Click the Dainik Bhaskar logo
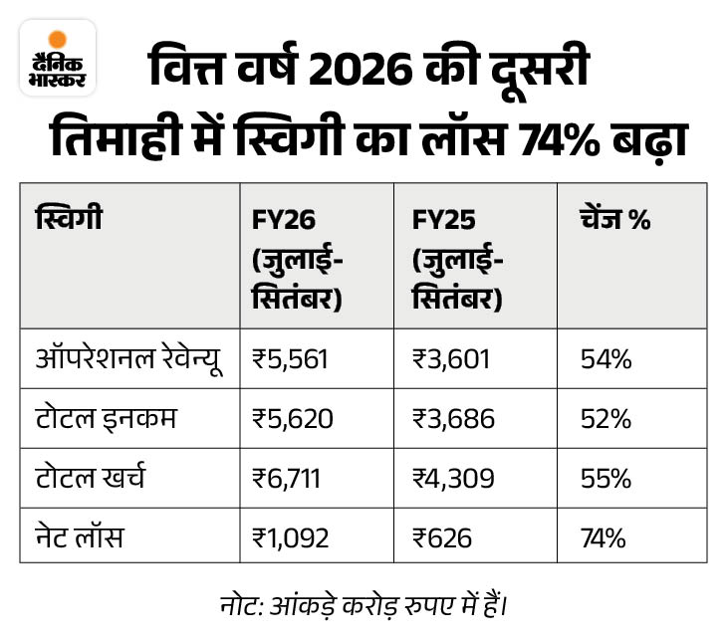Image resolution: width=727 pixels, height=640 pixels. pyautogui.click(x=57, y=58)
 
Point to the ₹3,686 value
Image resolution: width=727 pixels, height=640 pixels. pyautogui.click(x=452, y=419)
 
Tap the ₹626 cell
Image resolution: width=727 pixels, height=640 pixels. pyautogui.click(x=442, y=538)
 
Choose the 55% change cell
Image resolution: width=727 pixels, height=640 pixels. pyautogui.click(x=606, y=479)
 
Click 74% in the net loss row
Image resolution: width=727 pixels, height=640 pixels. pyautogui.click(x=603, y=538)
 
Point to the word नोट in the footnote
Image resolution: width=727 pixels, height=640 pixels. pyautogui.click(x=237, y=603)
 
